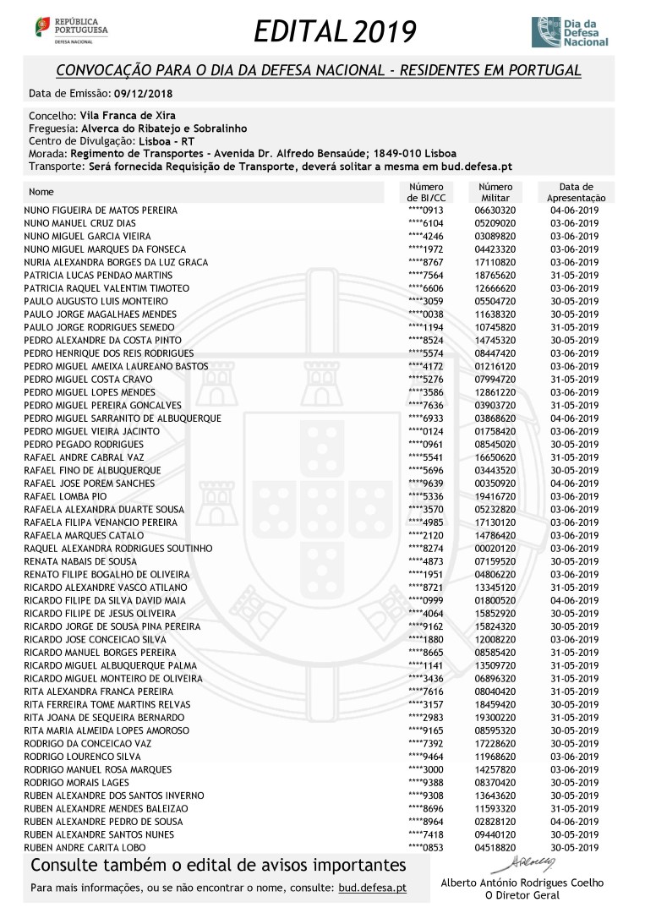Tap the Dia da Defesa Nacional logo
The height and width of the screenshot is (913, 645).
569,31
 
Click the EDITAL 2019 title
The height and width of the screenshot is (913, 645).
335,32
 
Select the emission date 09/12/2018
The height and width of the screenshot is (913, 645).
144,93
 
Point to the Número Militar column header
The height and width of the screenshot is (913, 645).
495,192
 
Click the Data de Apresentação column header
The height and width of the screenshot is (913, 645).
576,192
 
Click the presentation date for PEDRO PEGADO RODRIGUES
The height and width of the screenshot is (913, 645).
574,445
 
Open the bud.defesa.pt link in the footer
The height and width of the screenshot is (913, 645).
372,888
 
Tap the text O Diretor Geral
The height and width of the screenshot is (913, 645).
523,895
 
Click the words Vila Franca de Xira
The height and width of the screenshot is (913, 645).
128,115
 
